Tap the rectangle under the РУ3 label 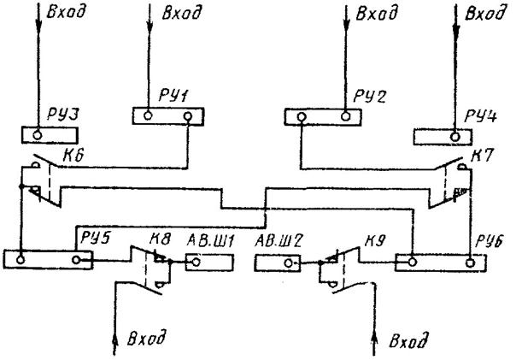point(50,134)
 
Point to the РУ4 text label point(482,115)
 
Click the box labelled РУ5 point(48,259)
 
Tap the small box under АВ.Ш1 point(203,261)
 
